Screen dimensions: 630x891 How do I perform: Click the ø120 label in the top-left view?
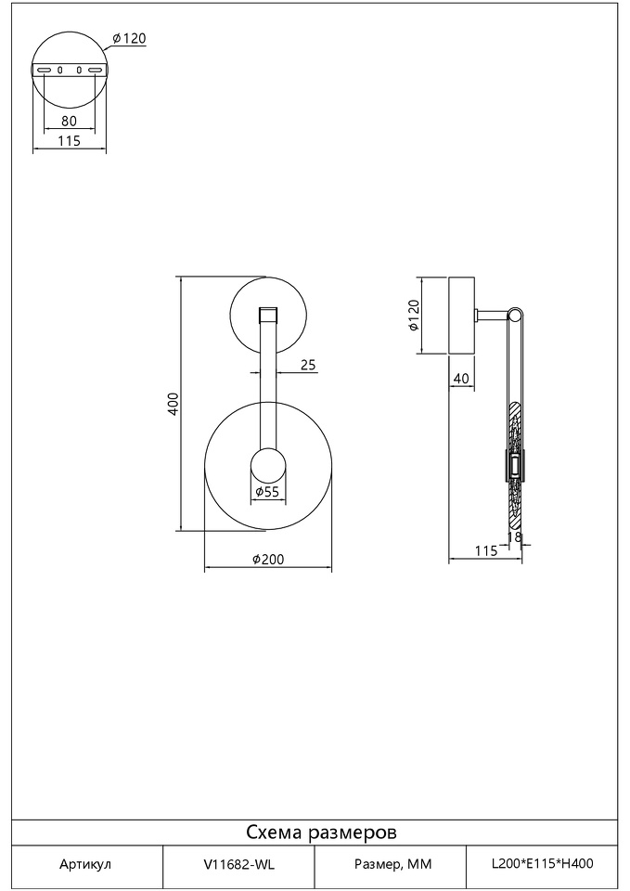coord(129,39)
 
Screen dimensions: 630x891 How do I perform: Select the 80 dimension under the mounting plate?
coord(69,121)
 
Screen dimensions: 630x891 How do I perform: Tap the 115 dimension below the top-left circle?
coord(70,140)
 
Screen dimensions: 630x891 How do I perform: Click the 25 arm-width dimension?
coord(308,365)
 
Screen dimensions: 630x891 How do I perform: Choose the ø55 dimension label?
coord(267,492)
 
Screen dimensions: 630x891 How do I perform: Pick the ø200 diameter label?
coord(268,559)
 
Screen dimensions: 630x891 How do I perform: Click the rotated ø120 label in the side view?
coord(413,316)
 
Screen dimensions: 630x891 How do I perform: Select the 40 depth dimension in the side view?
coord(462,378)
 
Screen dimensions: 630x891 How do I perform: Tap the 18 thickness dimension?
coord(514,536)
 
